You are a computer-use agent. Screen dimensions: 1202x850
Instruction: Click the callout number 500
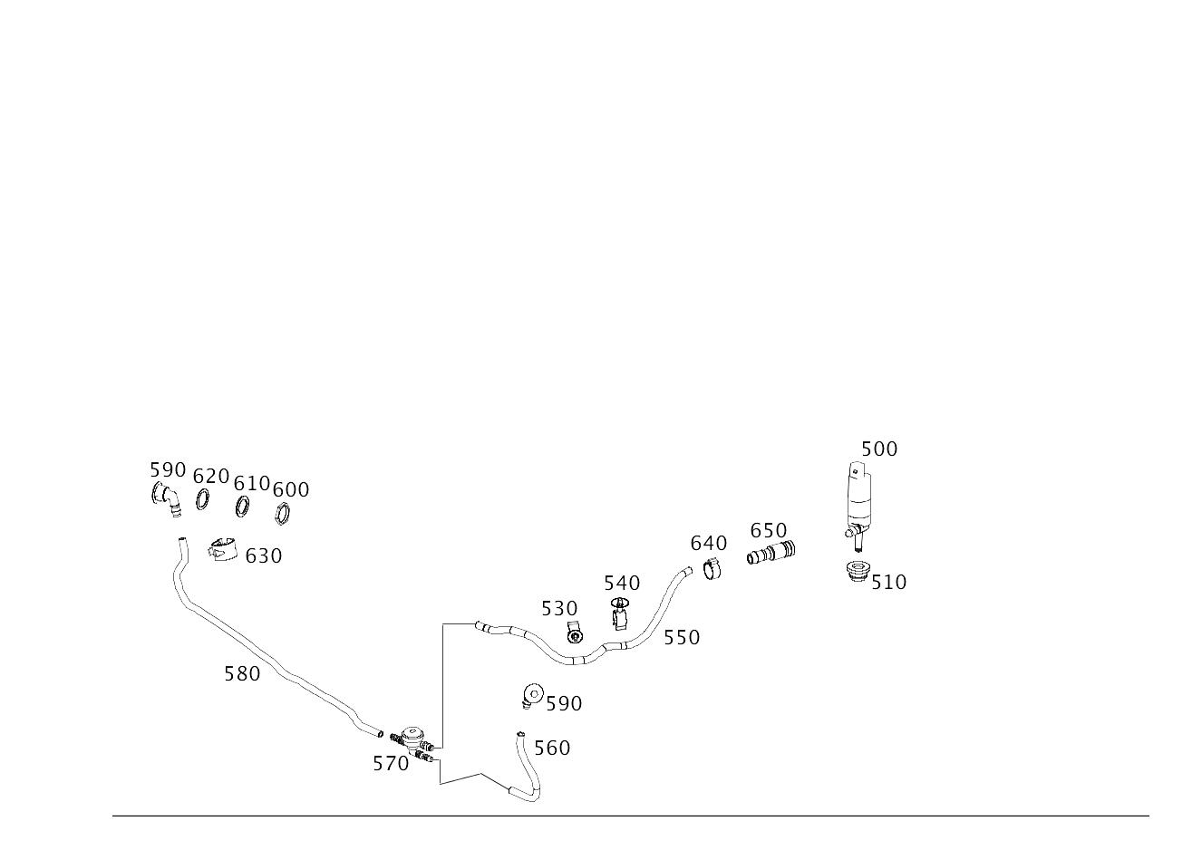coord(878,449)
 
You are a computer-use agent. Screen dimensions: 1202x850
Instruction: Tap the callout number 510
coord(888,582)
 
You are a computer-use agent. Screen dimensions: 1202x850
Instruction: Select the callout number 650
coord(768,530)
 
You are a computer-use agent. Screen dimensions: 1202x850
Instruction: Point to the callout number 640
coord(708,543)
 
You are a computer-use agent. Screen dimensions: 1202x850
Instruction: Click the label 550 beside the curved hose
coord(681,637)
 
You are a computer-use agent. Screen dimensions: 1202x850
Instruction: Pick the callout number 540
coord(621,583)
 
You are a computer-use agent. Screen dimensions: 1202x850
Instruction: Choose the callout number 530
coord(558,608)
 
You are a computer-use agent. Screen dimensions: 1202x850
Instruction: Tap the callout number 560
coord(551,748)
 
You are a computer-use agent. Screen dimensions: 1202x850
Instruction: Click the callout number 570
coord(390,763)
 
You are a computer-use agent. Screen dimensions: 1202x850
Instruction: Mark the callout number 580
coord(242,673)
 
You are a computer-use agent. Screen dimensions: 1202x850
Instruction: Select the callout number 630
coord(263,555)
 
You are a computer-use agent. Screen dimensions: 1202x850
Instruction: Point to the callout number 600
coord(290,489)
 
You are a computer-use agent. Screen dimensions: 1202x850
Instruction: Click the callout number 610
coord(251,483)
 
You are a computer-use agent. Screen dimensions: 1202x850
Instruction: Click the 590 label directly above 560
coord(563,703)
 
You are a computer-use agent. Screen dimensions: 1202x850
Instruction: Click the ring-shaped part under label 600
coord(282,514)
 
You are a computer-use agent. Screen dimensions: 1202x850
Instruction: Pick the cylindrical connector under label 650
coord(770,553)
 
